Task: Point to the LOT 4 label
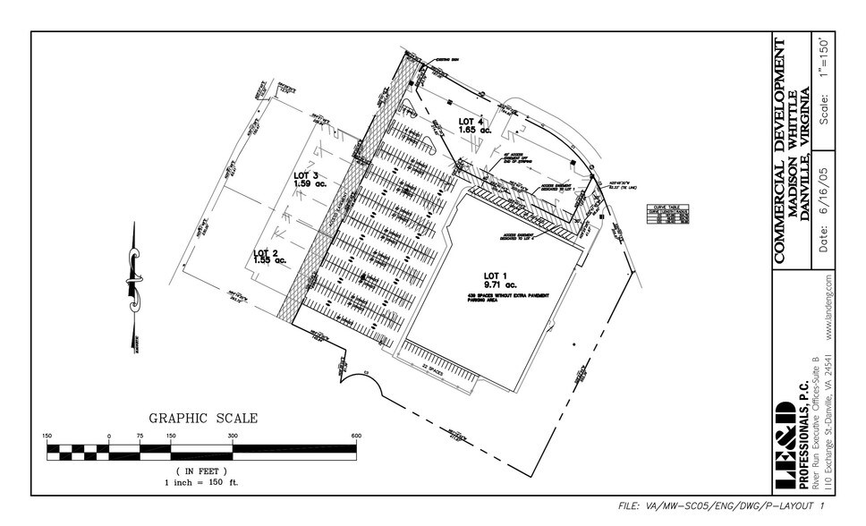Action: [x=471, y=121]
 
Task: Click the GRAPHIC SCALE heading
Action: [x=203, y=418]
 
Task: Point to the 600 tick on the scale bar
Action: [x=356, y=436]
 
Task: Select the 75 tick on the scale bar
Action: [x=140, y=436]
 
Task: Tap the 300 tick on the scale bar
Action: [x=232, y=436]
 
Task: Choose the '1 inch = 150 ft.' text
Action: [x=201, y=481]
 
